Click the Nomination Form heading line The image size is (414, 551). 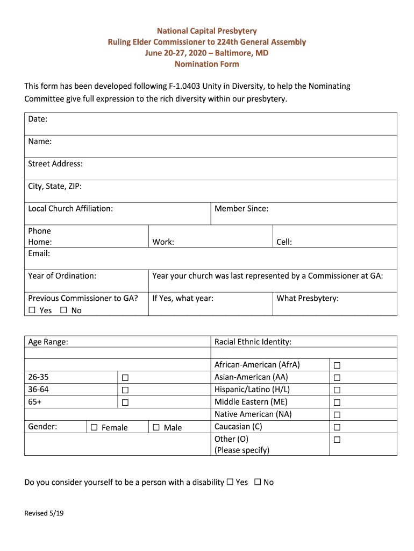pos(206,64)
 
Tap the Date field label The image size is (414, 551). pos(38,119)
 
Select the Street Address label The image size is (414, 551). pos(55,164)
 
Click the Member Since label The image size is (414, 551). pos(241,208)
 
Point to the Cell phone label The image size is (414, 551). pos(284,242)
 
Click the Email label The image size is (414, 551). pos(39,253)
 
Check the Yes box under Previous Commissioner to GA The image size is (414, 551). pos(32,310)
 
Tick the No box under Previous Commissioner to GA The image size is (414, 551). pos(63,310)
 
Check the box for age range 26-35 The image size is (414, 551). pos(125,378)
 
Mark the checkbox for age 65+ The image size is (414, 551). pos(125,402)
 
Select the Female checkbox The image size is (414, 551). pos(94,427)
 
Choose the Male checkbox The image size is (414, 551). pos(156,427)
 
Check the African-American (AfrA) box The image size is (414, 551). pos(337,365)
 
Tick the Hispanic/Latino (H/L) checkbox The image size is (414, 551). pos(337,390)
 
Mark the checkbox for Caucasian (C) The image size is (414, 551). pos(337,427)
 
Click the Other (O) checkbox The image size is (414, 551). pos(337,440)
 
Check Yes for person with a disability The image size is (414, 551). pos(230,482)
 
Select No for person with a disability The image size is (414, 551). pos(258,482)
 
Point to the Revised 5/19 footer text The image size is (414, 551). pos(44,513)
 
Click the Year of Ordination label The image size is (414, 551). pos(62,275)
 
